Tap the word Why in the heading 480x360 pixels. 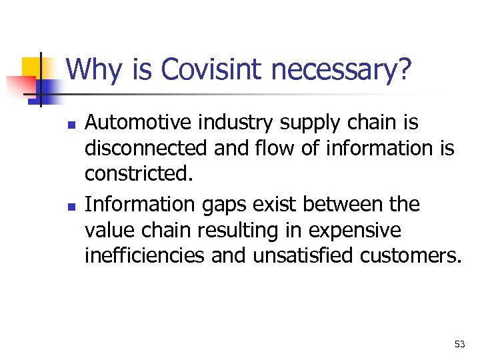(x=93, y=70)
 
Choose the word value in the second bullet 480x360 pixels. (x=107, y=230)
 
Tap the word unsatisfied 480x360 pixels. (x=310, y=255)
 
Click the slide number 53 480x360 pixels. (x=459, y=344)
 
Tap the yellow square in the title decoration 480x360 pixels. (x=32, y=67)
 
